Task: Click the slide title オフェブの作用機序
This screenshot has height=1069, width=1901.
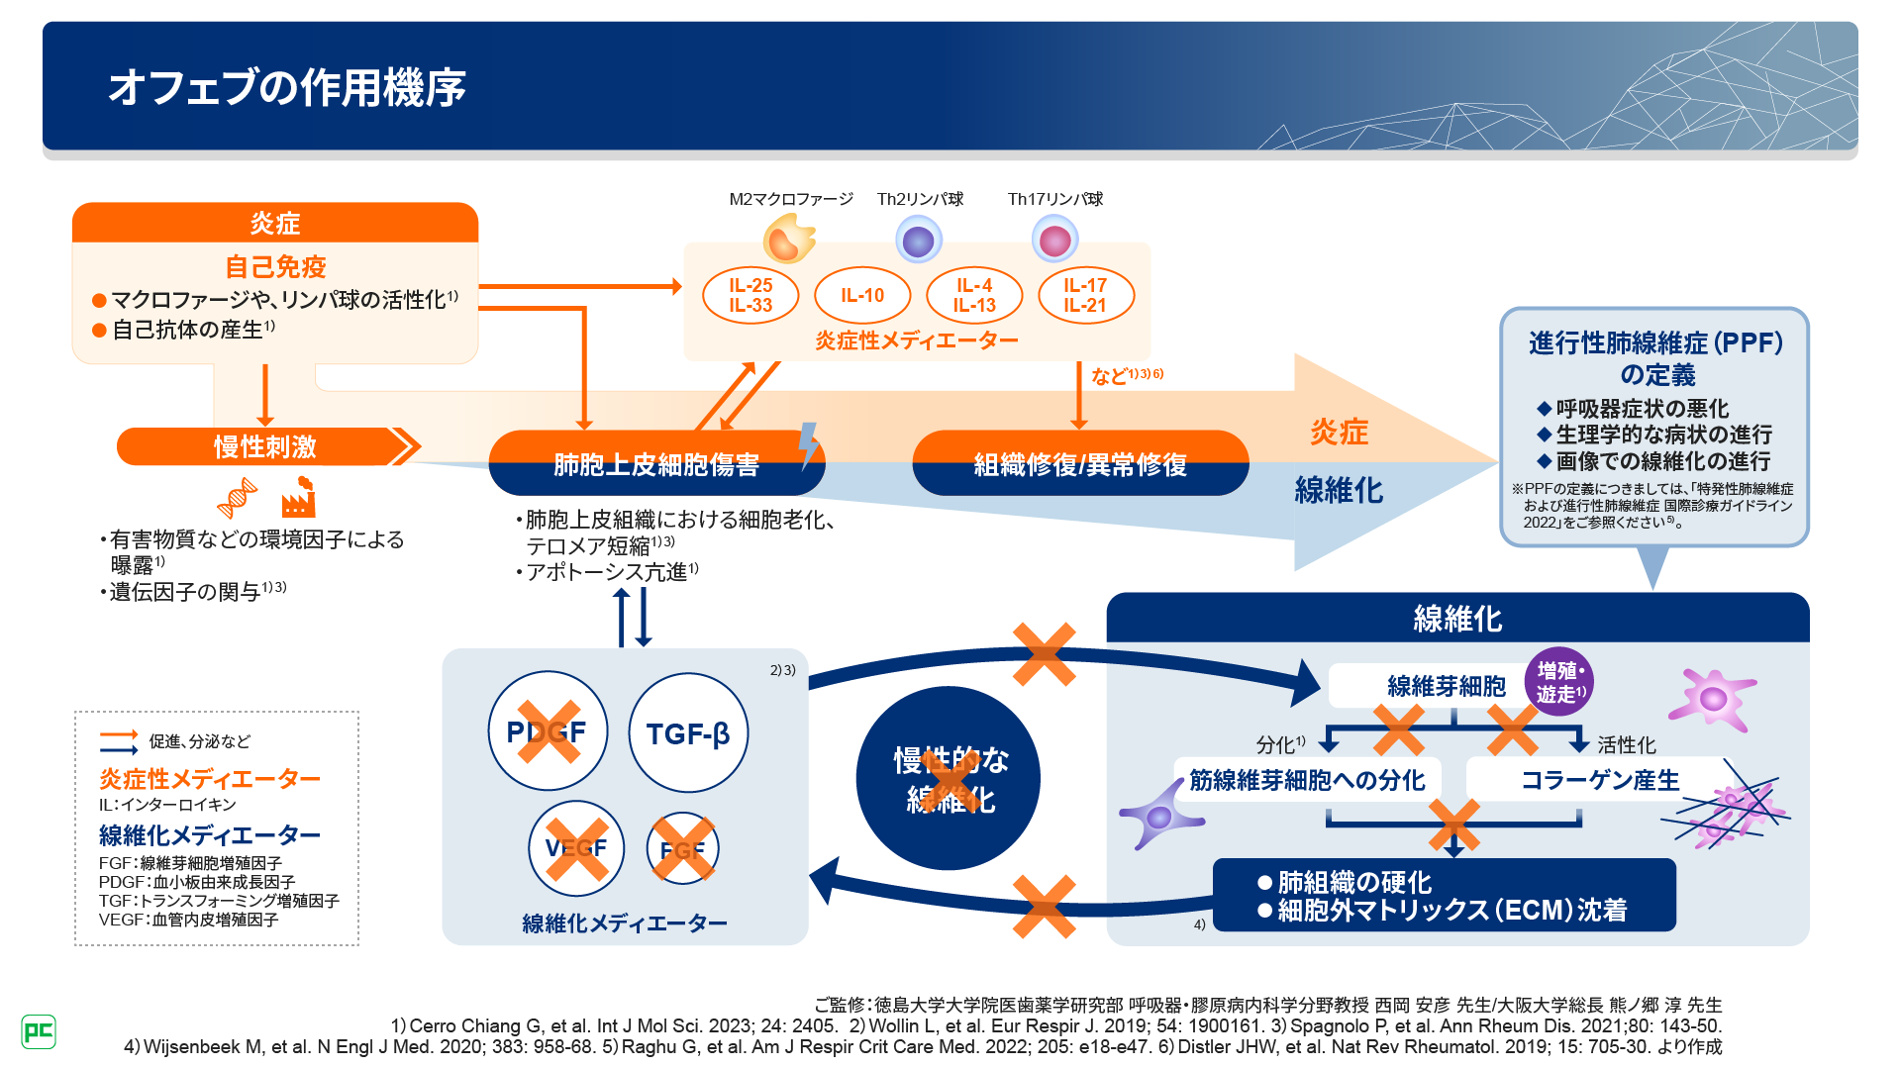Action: (287, 87)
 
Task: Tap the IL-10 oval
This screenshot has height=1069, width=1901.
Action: (861, 295)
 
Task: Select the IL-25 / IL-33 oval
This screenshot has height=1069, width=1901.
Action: (750, 295)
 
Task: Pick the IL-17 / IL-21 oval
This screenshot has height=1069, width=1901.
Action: (1085, 295)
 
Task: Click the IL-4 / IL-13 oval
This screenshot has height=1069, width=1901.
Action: (974, 295)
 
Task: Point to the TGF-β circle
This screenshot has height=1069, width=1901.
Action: (688, 732)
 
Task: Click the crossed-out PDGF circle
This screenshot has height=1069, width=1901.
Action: (547, 730)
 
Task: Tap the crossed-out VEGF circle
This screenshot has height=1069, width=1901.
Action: (576, 848)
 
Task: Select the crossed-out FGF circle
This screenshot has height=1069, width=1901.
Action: (682, 848)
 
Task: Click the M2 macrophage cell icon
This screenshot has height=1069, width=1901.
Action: (788, 240)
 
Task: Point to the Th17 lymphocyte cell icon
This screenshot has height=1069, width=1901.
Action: (1054, 240)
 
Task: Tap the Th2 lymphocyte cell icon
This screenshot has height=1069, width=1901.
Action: (919, 241)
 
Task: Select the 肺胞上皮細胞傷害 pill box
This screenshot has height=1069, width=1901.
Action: (655, 463)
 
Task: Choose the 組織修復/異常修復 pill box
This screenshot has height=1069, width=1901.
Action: (1079, 463)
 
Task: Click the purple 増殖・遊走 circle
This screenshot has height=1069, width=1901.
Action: (1559, 682)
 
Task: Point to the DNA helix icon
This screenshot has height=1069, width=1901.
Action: (238, 498)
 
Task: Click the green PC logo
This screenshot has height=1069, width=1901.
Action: (39, 1031)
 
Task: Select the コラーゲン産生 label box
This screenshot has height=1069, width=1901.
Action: (1599, 780)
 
